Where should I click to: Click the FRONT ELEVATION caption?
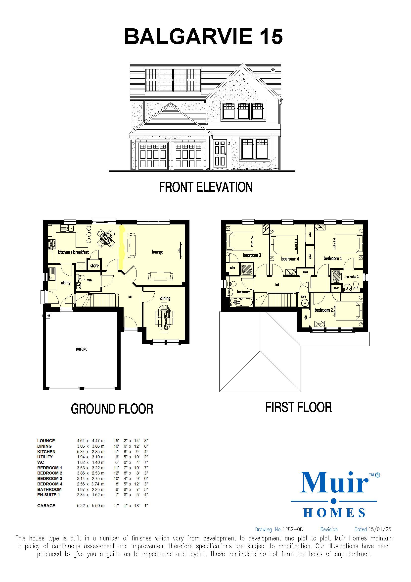(205, 187)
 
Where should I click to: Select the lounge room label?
(157, 252)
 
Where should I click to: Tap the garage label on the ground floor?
(82, 349)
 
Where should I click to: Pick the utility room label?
(66, 282)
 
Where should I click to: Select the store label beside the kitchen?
(94, 266)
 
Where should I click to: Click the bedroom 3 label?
(252, 255)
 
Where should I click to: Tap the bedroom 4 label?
(290, 259)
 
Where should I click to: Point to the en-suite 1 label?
(352, 276)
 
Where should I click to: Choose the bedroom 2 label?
(323, 310)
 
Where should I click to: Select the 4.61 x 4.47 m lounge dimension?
(91, 441)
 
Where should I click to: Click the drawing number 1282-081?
(293, 529)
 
